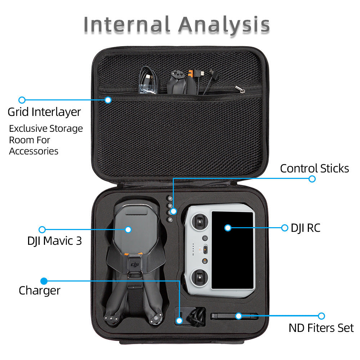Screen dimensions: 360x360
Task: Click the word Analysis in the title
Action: coord(224,25)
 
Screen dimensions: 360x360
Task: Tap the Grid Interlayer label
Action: coord(44,112)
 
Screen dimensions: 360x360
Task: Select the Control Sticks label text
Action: coord(314,168)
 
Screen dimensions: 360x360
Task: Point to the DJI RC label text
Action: coord(305,228)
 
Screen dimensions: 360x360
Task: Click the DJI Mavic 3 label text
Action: coord(54,241)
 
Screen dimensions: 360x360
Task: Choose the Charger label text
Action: coord(40,290)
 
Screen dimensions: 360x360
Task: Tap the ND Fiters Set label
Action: coord(321,328)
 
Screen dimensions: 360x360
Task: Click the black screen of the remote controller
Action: coord(233,250)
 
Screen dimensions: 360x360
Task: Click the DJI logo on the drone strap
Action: coord(134,265)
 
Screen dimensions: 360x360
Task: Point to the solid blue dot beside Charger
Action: coord(44,281)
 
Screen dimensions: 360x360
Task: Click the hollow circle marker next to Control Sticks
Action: coord(312,179)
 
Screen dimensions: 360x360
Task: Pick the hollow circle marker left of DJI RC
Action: coord(285,228)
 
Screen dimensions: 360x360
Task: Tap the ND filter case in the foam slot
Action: coord(234,316)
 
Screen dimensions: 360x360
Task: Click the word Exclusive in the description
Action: coord(28,129)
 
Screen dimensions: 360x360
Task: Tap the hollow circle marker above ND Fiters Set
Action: coord(321,316)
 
